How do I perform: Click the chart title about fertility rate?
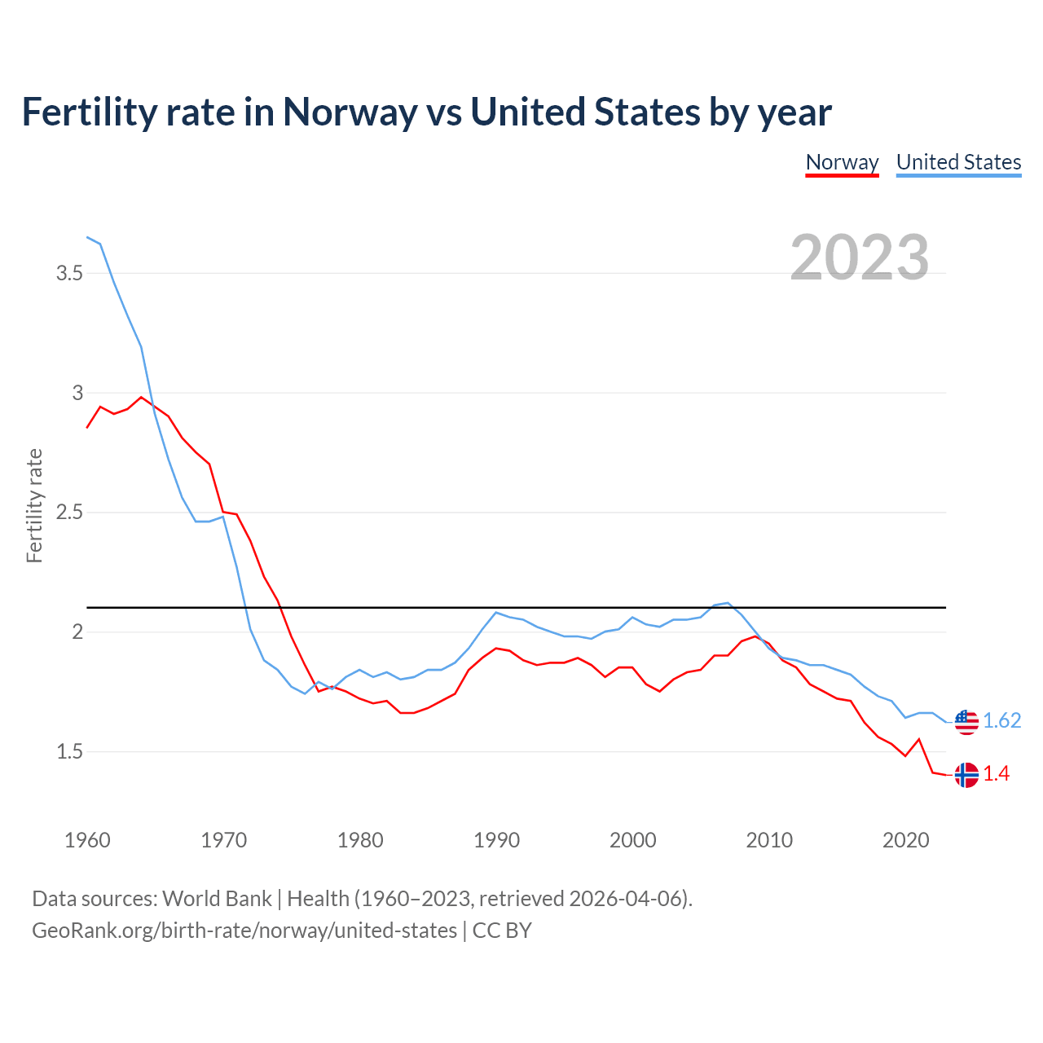pos(426,112)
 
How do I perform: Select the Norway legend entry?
pos(842,162)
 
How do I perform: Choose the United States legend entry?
pos(958,162)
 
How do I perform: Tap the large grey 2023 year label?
pos(860,257)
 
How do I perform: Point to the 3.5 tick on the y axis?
pos(70,273)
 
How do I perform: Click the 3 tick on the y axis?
pos(77,393)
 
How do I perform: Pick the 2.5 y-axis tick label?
pos(70,513)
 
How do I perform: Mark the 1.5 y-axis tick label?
pos(70,751)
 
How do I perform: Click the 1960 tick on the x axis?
pos(87,840)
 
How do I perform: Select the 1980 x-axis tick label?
pos(360,840)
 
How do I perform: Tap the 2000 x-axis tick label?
pos(632,840)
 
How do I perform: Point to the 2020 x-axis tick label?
pos(905,840)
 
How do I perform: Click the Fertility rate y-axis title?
pos(34,505)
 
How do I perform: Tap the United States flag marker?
pos(966,721)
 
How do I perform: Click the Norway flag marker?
pos(966,774)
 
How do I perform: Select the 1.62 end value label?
pos(1001,721)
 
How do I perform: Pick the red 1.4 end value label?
pos(996,774)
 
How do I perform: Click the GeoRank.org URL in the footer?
pos(244,931)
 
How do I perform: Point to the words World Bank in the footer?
pos(217,899)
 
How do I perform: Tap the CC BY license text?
pos(502,931)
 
